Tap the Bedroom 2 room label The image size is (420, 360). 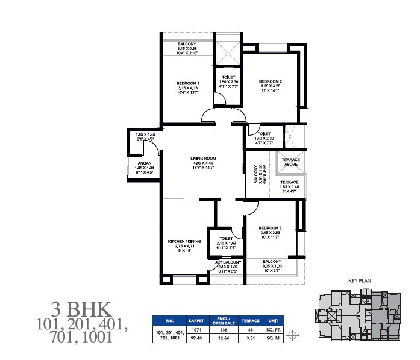[x=271, y=81]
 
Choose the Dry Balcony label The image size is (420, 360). [x=227, y=262]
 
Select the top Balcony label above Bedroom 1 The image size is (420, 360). [x=186, y=44]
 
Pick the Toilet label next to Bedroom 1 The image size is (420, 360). [x=228, y=77]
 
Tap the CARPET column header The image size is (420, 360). [x=196, y=321]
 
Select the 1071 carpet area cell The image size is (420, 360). [x=196, y=332]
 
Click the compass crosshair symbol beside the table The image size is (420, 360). [x=293, y=335]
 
